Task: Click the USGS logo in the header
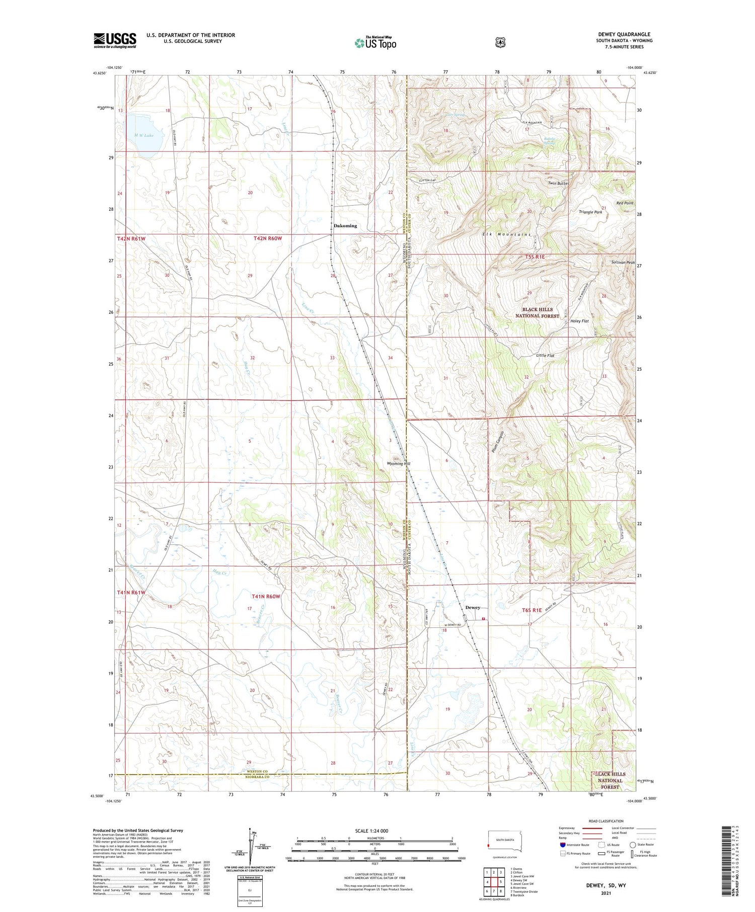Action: (x=115, y=40)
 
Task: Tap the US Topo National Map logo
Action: (x=375, y=43)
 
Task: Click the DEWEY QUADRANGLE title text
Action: (x=624, y=34)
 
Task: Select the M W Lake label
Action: (x=143, y=135)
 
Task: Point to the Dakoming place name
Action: (x=345, y=226)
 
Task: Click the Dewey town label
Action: (x=472, y=608)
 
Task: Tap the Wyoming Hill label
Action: (x=399, y=464)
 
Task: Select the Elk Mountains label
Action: (x=506, y=235)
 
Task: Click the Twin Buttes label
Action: (x=558, y=184)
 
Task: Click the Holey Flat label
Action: (x=579, y=321)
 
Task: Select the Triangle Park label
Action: (x=590, y=212)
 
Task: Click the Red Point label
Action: (x=625, y=203)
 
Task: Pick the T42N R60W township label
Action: (x=267, y=238)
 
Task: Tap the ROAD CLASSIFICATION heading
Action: (x=602, y=821)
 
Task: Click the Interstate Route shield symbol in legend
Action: (x=562, y=845)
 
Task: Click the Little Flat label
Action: (x=545, y=356)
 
